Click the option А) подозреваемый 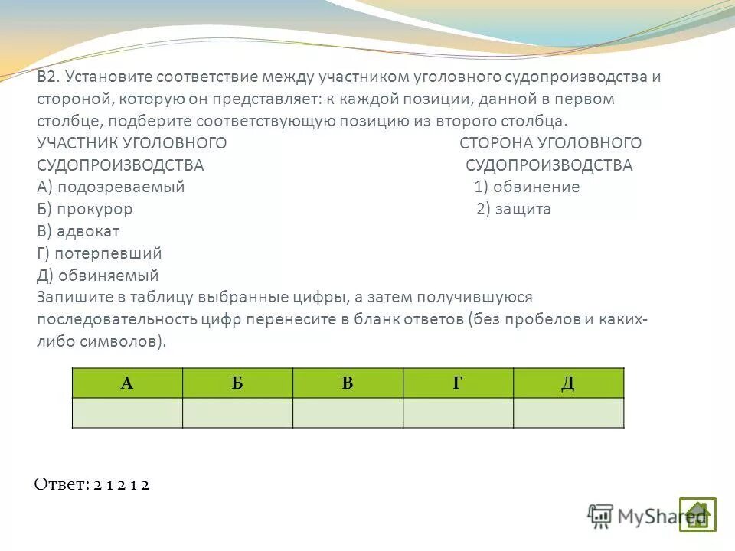(111, 187)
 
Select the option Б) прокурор (84, 209)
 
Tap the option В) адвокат (78, 231)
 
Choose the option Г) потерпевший (99, 253)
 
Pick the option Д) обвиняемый (97, 275)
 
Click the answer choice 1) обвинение (527, 187)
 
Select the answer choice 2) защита (514, 209)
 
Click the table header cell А (127, 383)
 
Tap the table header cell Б (237, 383)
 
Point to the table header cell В (348, 383)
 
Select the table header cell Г (458, 383)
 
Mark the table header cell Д (568, 383)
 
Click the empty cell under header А (127, 412)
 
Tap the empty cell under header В (348, 412)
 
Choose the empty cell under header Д (568, 412)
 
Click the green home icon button (697, 514)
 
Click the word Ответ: (61, 484)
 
